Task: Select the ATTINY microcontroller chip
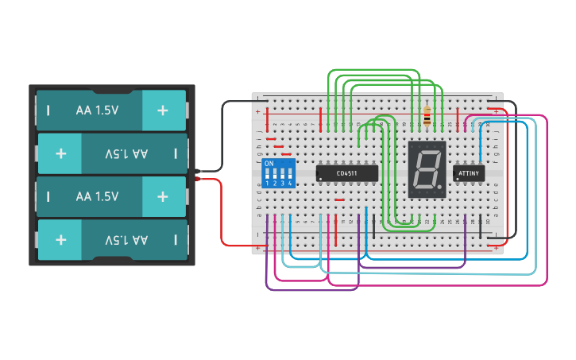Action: (x=468, y=172)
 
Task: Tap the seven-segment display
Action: (x=427, y=169)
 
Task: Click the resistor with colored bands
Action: (x=429, y=116)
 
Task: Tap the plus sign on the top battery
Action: (x=163, y=110)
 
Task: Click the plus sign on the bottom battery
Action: (x=60, y=239)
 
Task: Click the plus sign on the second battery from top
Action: (x=60, y=153)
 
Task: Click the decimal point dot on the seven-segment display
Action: (x=439, y=188)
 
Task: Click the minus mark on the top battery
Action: (x=48, y=110)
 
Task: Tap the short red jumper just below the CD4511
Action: (x=339, y=200)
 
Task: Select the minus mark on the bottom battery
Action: (x=176, y=239)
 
